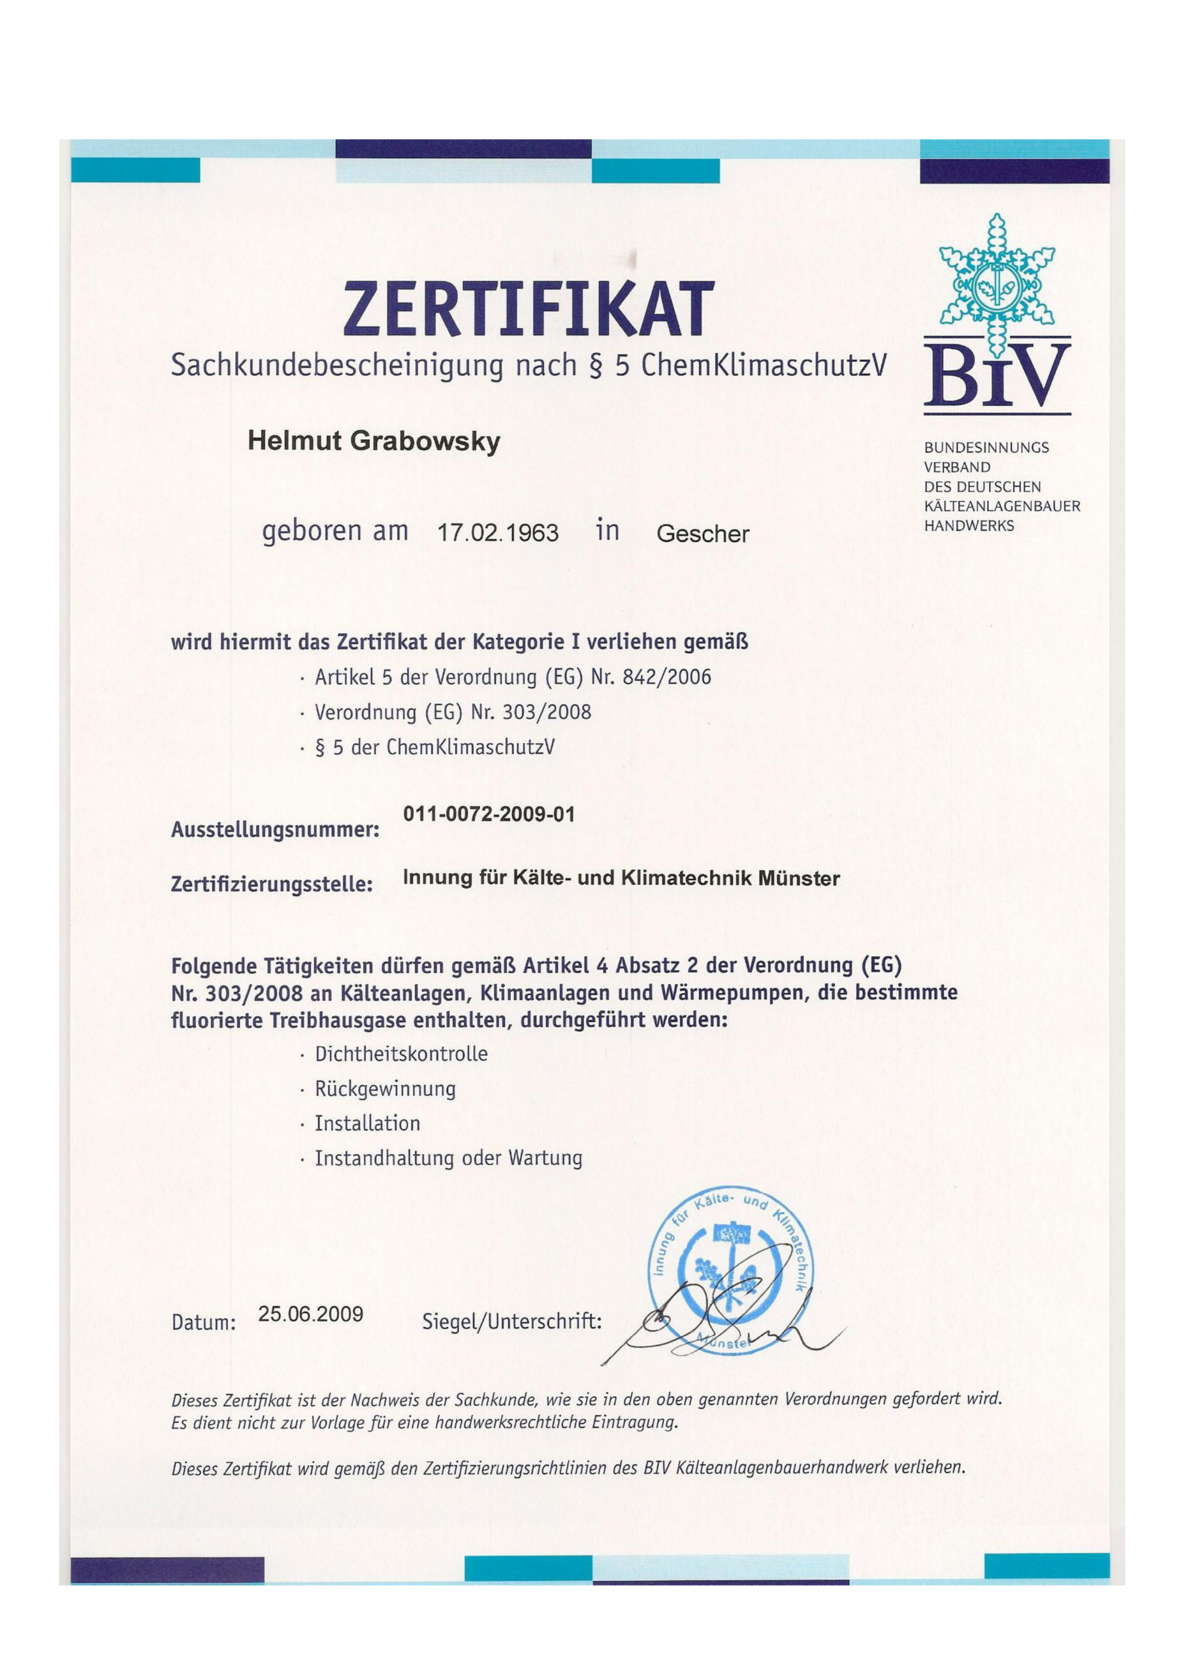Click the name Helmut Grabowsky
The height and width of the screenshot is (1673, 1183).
click(374, 441)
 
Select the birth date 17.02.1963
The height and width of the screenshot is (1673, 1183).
click(498, 533)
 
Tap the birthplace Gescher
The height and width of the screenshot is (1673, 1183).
click(702, 534)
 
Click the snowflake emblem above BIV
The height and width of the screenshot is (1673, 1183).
click(997, 279)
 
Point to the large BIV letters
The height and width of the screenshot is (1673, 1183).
click(997, 376)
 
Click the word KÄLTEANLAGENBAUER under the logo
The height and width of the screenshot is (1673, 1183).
click(1001, 506)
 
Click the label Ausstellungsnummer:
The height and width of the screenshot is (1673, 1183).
click(276, 829)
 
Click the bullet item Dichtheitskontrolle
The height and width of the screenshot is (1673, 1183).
click(400, 1053)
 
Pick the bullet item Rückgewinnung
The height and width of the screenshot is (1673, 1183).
click(385, 1089)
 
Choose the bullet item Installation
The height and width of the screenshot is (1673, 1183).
click(367, 1123)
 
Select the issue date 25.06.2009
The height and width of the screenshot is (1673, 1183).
click(310, 1314)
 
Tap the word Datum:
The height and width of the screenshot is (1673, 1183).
click(203, 1322)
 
